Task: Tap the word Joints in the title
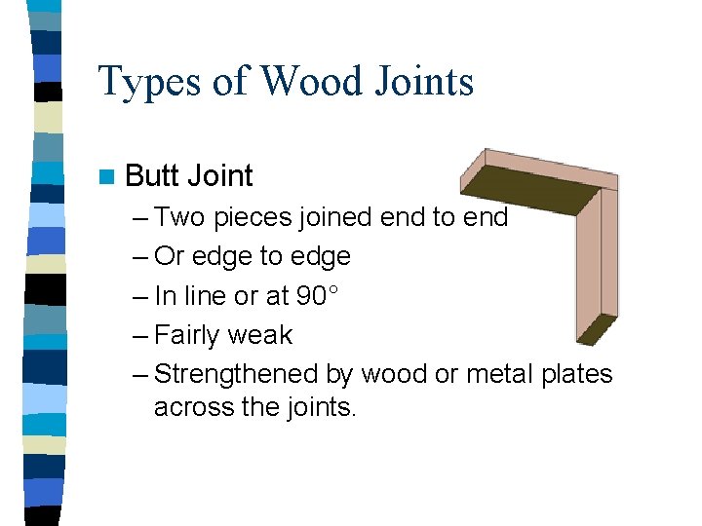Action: pos(422,82)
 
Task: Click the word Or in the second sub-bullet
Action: pos(170,256)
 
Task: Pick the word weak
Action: pos(260,335)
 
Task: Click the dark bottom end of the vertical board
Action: pos(596,331)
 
